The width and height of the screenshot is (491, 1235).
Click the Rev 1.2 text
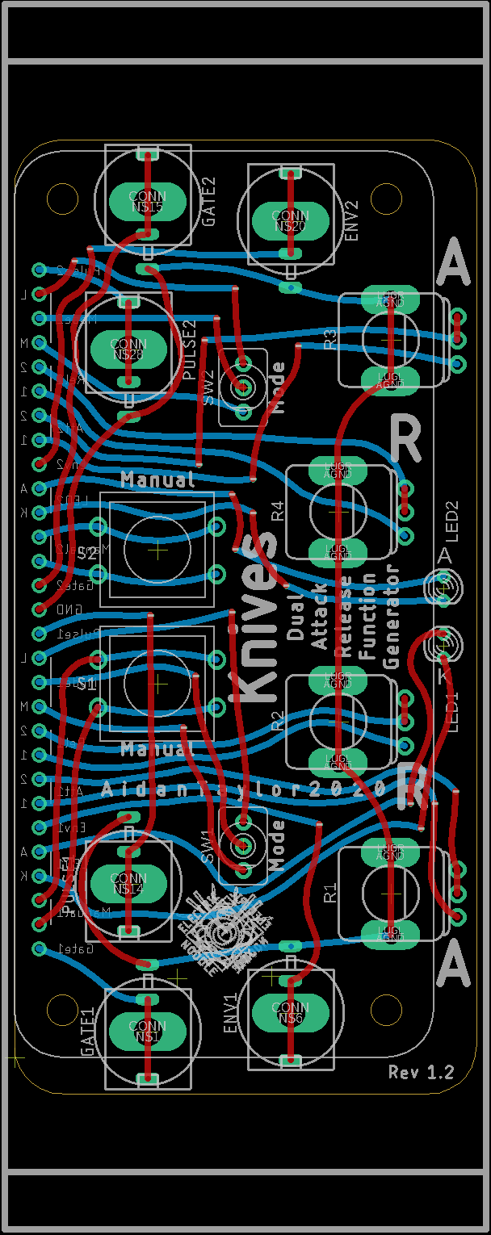click(x=421, y=1072)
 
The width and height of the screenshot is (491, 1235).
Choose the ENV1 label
click(x=231, y=1013)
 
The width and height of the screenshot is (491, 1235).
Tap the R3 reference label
click(x=329, y=339)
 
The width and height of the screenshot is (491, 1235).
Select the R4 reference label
click(x=278, y=510)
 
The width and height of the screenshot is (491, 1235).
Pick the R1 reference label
click(x=329, y=892)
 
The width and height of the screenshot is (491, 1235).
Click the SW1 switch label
click(x=209, y=847)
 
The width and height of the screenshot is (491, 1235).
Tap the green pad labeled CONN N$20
click(x=290, y=220)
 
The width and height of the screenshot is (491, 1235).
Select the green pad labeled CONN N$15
click(x=148, y=201)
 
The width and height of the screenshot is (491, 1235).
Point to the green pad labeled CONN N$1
click(x=148, y=1031)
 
